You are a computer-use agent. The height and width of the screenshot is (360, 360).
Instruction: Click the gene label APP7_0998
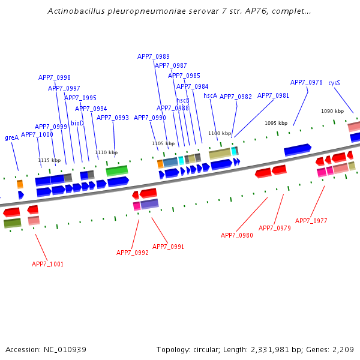point(55,77)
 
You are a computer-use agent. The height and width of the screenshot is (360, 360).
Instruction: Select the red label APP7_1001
point(47,264)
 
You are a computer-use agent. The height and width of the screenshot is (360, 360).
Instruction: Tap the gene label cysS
point(334,83)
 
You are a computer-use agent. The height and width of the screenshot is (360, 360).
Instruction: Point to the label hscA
point(210,95)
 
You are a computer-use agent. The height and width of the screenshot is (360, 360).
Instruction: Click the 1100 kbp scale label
point(220,133)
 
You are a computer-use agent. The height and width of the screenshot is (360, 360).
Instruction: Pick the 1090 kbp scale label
point(332,111)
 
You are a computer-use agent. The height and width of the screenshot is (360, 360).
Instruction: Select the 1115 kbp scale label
point(49,160)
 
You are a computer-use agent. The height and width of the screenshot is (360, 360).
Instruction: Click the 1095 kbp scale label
point(276,123)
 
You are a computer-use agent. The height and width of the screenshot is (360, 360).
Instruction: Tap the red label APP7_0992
point(133,253)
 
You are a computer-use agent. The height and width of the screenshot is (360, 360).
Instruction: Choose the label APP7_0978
point(307,83)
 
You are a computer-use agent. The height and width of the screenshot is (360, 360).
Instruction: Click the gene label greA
point(11,137)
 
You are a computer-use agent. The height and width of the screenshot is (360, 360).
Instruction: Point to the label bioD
point(77,123)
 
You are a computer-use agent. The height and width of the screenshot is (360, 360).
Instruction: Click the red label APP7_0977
point(311,221)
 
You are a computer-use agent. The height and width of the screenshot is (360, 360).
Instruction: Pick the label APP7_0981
point(274,95)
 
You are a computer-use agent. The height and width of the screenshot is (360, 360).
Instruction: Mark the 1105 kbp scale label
point(163,143)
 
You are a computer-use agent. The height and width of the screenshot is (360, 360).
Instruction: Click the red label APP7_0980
point(237,235)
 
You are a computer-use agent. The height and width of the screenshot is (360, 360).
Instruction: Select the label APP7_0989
point(154,56)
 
